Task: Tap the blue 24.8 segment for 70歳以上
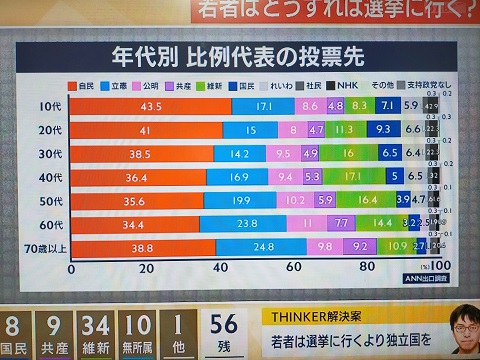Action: click(263, 246)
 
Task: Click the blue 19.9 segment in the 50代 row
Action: click(240, 199)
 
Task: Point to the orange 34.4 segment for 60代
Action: click(134, 222)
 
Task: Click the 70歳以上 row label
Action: click(39, 246)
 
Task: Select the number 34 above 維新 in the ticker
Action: click(96, 326)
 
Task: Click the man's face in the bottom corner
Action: click(461, 328)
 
